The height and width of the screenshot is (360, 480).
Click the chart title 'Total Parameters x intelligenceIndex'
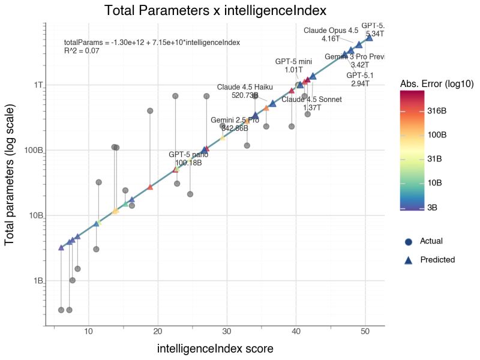(215, 10)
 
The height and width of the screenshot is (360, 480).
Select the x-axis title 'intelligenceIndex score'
(215, 349)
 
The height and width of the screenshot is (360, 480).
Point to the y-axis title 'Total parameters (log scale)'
(10, 174)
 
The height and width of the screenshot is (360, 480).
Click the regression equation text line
(152, 43)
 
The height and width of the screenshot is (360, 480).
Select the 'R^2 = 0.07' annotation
(82, 52)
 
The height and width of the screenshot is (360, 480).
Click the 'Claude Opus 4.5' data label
(331, 30)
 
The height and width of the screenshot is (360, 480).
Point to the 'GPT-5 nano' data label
(188, 155)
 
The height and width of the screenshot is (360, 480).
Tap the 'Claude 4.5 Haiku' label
(245, 86)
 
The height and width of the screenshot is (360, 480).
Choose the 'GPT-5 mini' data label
(293, 61)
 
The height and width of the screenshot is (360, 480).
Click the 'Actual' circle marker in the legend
(409, 241)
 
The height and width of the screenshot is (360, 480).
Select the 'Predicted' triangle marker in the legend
(409, 260)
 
